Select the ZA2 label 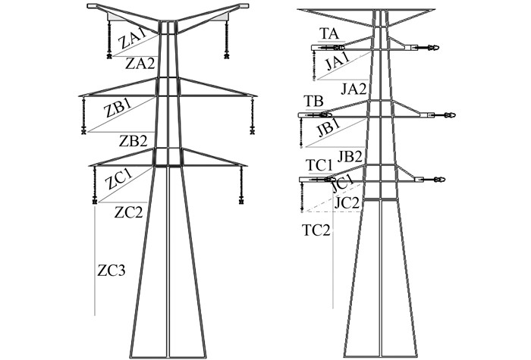[x=140, y=64]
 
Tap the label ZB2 [x=133, y=139]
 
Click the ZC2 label [x=128, y=212]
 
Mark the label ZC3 [x=111, y=269]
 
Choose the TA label [x=328, y=34]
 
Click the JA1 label [x=334, y=62]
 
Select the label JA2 [x=354, y=89]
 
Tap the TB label [x=313, y=101]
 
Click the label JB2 [x=350, y=156]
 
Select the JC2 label [x=347, y=202]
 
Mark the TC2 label [x=316, y=230]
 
